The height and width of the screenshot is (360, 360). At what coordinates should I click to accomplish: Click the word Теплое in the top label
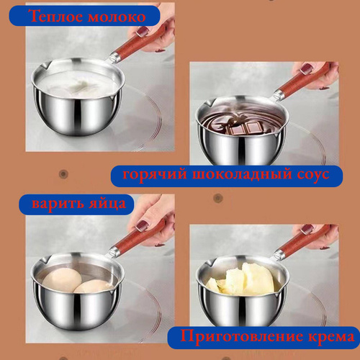pos(57,17)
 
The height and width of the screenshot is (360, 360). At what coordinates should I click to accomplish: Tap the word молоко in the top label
pos(117,17)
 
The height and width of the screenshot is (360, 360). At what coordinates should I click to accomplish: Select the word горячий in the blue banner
pos(155,174)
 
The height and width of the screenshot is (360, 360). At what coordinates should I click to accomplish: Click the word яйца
pos(107,204)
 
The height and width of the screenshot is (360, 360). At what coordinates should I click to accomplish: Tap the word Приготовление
pos(241,336)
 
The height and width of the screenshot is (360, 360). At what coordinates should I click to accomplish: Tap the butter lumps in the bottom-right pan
pos(243,279)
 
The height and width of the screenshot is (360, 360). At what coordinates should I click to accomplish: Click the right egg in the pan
pos(92,287)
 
